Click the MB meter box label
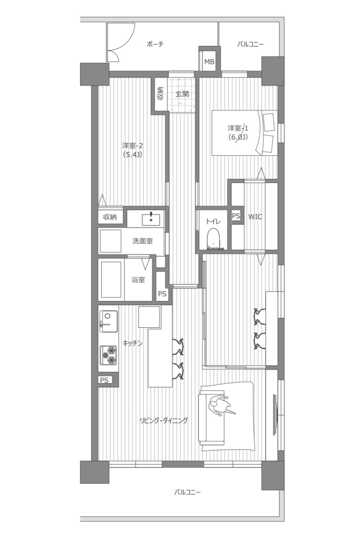pos(209,62)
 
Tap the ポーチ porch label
pos(155,44)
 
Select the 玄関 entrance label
pos(182,94)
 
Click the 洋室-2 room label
pos(132,146)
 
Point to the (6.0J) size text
pos(238,137)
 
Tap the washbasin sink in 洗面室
pos(151,219)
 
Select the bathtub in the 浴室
pos(111,280)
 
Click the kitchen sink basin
pos(109,321)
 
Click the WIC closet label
pos(255,217)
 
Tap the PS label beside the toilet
pos(236,216)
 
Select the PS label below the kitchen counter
pos(104,380)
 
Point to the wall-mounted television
pos(275,414)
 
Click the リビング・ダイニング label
pos(163,421)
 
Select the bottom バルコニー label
pos(187,492)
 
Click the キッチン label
pos(132,343)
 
